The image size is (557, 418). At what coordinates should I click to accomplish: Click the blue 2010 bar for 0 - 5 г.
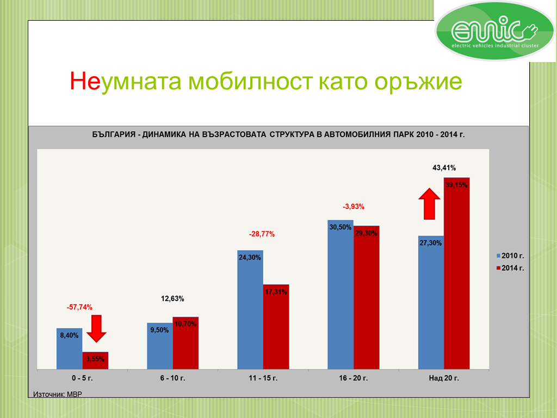pos(69,349)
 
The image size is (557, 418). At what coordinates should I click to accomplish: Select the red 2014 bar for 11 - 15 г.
pos(276,327)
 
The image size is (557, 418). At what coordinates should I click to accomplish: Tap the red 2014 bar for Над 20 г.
pos(456,273)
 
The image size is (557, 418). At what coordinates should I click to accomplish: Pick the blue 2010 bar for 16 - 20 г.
pos(341,294)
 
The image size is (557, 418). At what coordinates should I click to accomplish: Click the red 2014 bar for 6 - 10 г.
pos(185,343)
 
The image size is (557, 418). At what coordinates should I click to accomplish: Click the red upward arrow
pos(429,204)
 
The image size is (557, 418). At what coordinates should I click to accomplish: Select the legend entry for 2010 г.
pos(510,256)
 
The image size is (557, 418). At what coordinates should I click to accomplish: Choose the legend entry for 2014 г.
pos(510,268)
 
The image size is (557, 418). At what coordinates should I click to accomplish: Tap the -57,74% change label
pos(79,307)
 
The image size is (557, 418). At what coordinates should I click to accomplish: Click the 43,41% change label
pos(444,168)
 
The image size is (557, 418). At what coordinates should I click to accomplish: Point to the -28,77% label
pos(262,234)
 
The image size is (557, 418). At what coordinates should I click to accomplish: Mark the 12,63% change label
pos(172,299)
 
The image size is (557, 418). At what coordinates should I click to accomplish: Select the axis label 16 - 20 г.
pos(353,378)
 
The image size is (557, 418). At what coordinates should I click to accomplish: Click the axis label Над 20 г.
pos(444,378)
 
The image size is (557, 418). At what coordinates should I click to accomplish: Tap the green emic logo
pos(494,31)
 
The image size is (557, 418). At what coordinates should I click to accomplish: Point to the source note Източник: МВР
pos(58,394)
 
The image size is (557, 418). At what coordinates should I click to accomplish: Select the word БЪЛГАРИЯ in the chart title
pos(114,134)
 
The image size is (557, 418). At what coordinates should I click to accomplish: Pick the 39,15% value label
pos(456,185)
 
